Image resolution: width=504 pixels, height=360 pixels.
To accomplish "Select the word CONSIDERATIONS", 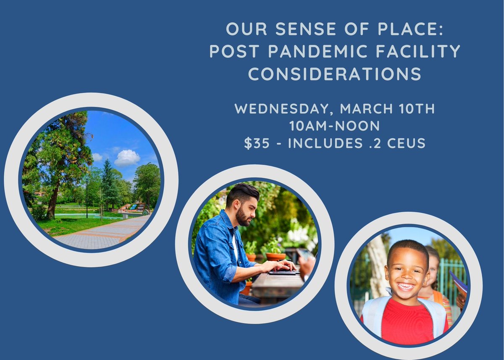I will click(334, 74).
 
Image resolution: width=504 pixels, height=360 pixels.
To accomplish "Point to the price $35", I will click(257, 143).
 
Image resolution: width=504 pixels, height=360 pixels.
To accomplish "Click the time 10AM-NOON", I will click(335, 126).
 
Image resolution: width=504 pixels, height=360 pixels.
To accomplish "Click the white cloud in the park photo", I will click(127, 158).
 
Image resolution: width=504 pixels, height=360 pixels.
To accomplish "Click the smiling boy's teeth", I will click(406, 287).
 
